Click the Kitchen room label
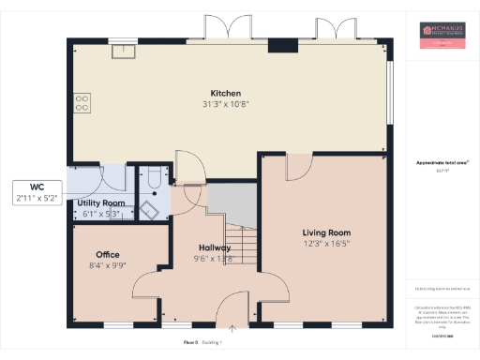(x=226, y=94)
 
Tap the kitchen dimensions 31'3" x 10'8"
(x=226, y=104)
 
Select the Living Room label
(x=325, y=232)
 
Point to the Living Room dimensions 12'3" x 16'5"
(x=325, y=243)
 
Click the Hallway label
(x=214, y=247)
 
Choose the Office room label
(x=108, y=254)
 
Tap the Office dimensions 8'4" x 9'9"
(x=108, y=265)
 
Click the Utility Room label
(x=101, y=202)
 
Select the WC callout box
(x=37, y=192)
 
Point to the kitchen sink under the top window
(x=119, y=52)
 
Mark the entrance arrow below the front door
(x=232, y=327)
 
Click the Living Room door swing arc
(x=298, y=166)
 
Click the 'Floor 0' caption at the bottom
(x=191, y=343)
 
